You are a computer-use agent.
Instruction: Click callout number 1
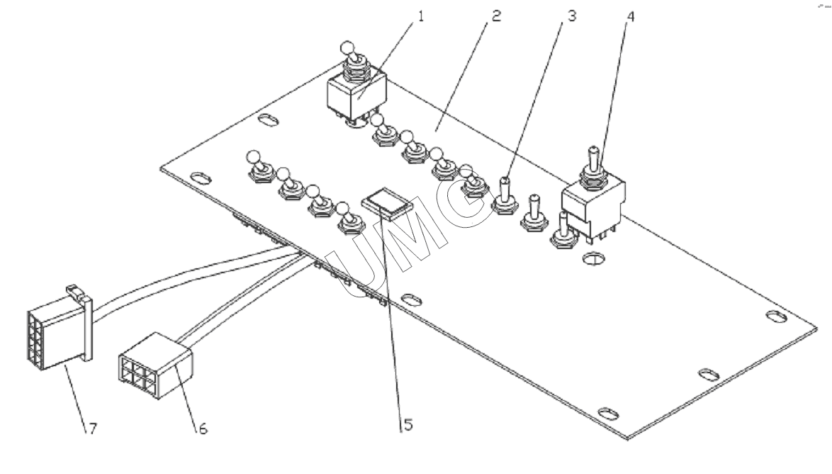(421, 16)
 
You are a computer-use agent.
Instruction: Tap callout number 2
(496, 16)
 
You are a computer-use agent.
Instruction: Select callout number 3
(571, 16)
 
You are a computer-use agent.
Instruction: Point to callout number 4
(630, 16)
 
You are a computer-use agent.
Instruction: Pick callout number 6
(203, 429)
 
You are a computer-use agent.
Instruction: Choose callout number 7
(93, 429)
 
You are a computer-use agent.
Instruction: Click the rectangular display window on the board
(388, 204)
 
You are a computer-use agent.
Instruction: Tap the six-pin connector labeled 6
(155, 365)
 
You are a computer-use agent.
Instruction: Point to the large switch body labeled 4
(593, 207)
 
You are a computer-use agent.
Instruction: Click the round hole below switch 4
(593, 259)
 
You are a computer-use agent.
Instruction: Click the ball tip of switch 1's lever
(347, 48)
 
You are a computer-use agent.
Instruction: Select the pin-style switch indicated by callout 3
(504, 196)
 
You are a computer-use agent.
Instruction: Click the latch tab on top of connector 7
(75, 292)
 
